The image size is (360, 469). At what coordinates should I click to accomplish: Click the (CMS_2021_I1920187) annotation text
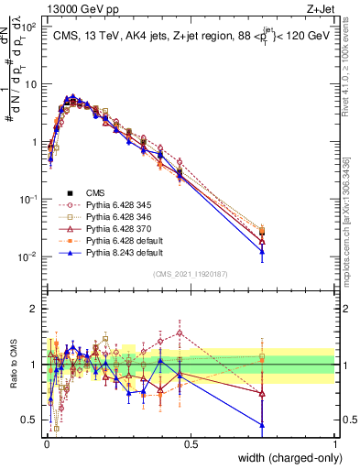(x=191, y=273)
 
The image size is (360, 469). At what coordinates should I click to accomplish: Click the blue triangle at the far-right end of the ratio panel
(x=263, y=424)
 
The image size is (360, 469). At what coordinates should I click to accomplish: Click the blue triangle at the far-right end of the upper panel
(x=263, y=251)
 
